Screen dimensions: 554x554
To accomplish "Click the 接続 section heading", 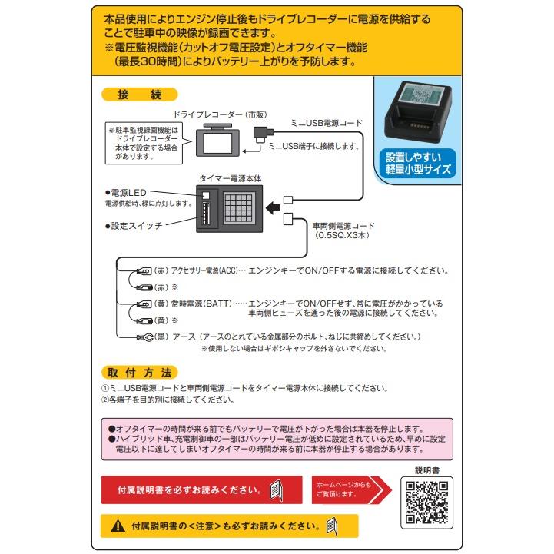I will (x=139, y=96).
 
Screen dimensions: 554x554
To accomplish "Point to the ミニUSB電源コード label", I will (x=326, y=123).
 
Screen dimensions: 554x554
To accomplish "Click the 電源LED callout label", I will (x=131, y=192).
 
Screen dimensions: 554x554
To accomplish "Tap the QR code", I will (x=425, y=501).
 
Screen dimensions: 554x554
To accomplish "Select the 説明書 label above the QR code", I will (x=425, y=469).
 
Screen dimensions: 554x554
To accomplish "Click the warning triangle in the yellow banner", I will (x=117, y=527).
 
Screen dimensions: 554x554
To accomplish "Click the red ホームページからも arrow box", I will (x=345, y=489).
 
